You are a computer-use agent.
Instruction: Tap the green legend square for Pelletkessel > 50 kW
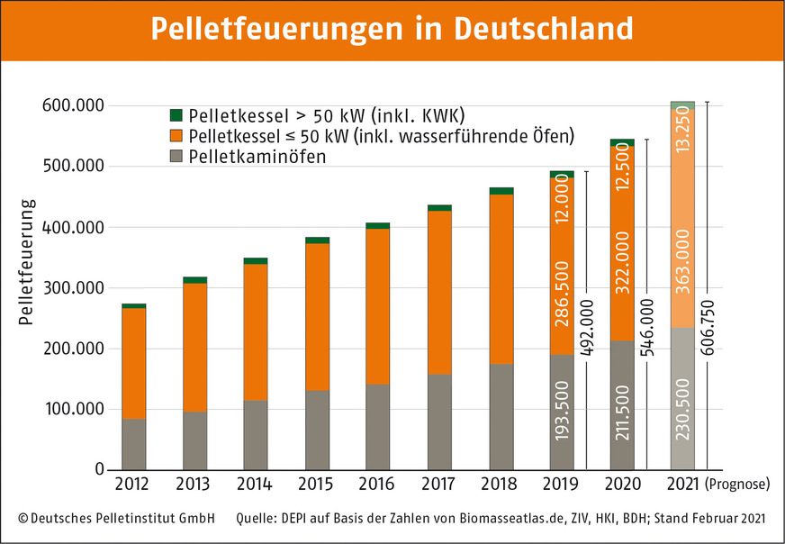[x=176, y=115]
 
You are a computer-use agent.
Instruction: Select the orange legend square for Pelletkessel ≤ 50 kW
[x=176, y=137]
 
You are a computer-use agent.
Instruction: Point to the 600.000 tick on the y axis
[x=73, y=105]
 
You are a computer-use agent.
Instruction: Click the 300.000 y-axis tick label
[x=73, y=288]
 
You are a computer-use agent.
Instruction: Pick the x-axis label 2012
[x=133, y=485]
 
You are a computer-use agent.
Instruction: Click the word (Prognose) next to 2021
[x=738, y=485]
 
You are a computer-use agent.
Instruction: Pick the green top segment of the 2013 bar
[x=194, y=280]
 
